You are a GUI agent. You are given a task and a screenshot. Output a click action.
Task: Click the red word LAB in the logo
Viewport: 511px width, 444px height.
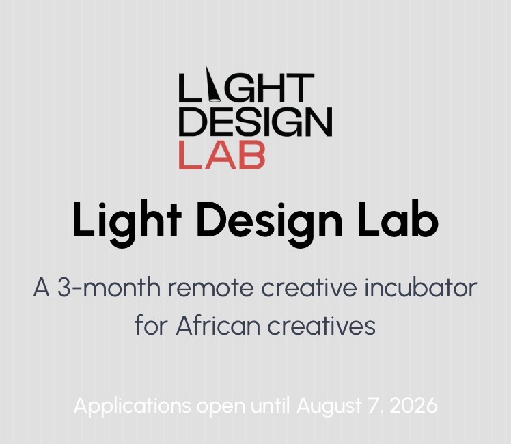222,155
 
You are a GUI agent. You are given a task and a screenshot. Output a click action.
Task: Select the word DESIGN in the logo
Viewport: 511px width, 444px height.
255,122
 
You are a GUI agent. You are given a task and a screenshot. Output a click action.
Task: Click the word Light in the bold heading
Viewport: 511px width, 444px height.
127,221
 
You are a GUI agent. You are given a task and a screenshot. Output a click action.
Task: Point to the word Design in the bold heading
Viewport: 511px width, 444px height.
269,221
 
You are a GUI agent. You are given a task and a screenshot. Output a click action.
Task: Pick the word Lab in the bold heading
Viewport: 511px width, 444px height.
398,219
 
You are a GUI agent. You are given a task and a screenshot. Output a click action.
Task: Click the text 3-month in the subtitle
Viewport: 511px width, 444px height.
109,288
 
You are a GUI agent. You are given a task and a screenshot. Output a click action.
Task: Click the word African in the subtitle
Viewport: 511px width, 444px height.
218,324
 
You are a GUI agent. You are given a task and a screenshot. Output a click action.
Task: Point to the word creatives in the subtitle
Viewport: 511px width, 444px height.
322,325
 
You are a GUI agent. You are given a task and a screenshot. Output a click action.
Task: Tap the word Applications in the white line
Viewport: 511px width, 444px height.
133,406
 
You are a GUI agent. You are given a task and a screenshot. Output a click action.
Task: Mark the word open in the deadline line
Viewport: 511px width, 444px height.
221,408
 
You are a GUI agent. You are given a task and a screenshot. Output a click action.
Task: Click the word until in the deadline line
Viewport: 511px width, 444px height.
270,405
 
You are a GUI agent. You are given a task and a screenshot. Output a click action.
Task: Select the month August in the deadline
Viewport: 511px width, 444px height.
329,406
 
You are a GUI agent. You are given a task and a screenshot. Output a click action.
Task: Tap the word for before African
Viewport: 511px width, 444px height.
152,324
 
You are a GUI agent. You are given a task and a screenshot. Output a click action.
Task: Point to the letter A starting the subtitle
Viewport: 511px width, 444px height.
42,288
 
